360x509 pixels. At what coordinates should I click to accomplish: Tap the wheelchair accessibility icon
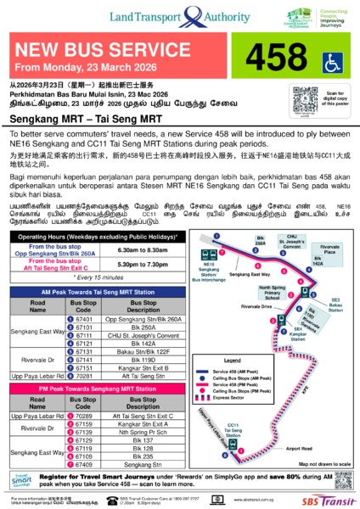point(331,63)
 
